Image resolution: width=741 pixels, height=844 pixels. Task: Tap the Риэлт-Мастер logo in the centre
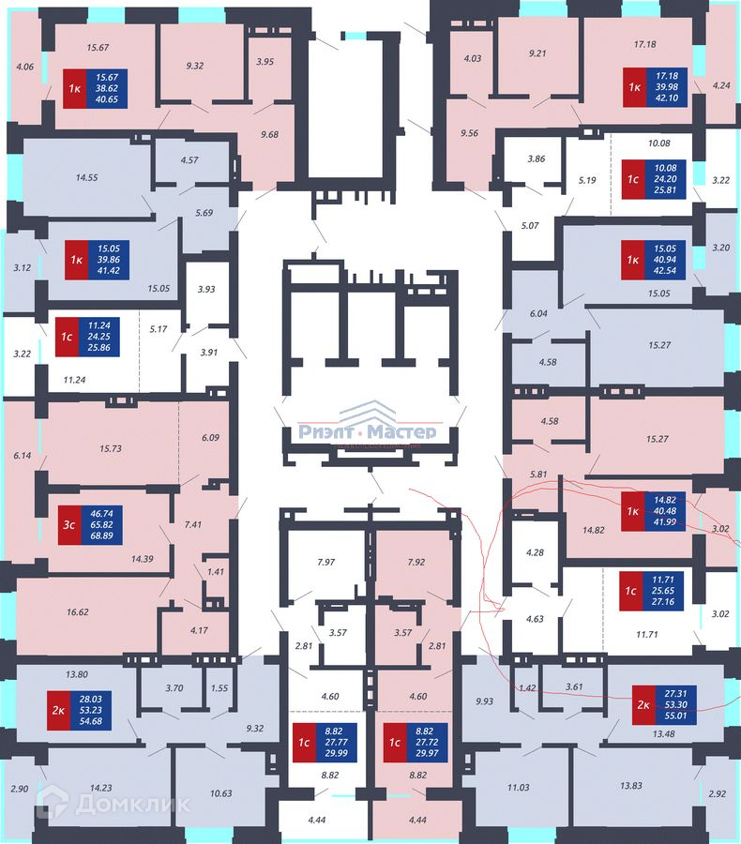367,432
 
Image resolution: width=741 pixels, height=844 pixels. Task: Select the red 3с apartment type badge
68,525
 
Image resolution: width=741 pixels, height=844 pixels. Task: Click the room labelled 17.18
643,44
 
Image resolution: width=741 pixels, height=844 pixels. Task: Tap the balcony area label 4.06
25,67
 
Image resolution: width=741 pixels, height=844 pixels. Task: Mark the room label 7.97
325,563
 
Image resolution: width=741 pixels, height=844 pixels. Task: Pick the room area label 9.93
485,701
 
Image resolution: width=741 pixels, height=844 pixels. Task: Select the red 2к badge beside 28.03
58,710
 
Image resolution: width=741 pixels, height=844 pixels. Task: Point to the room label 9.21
537,53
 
